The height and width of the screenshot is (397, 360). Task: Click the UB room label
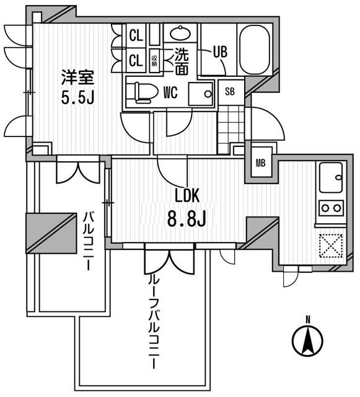[220, 52]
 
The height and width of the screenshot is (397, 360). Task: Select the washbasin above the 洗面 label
[180, 33]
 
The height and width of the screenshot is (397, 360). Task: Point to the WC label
[170, 92]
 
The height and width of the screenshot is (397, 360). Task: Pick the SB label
[230, 91]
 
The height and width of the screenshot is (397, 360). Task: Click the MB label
[260, 163]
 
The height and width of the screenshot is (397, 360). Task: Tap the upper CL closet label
[136, 36]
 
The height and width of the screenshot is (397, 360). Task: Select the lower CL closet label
[136, 60]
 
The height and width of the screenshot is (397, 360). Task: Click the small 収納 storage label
[154, 61]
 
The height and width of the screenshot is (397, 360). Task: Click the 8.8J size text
[187, 219]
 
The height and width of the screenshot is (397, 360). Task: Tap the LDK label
[188, 195]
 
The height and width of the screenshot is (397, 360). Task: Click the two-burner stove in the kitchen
[331, 208]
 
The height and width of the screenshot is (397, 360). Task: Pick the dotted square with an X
[331, 246]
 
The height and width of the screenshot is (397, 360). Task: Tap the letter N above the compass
[308, 320]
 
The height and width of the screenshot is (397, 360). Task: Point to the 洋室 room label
[77, 78]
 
